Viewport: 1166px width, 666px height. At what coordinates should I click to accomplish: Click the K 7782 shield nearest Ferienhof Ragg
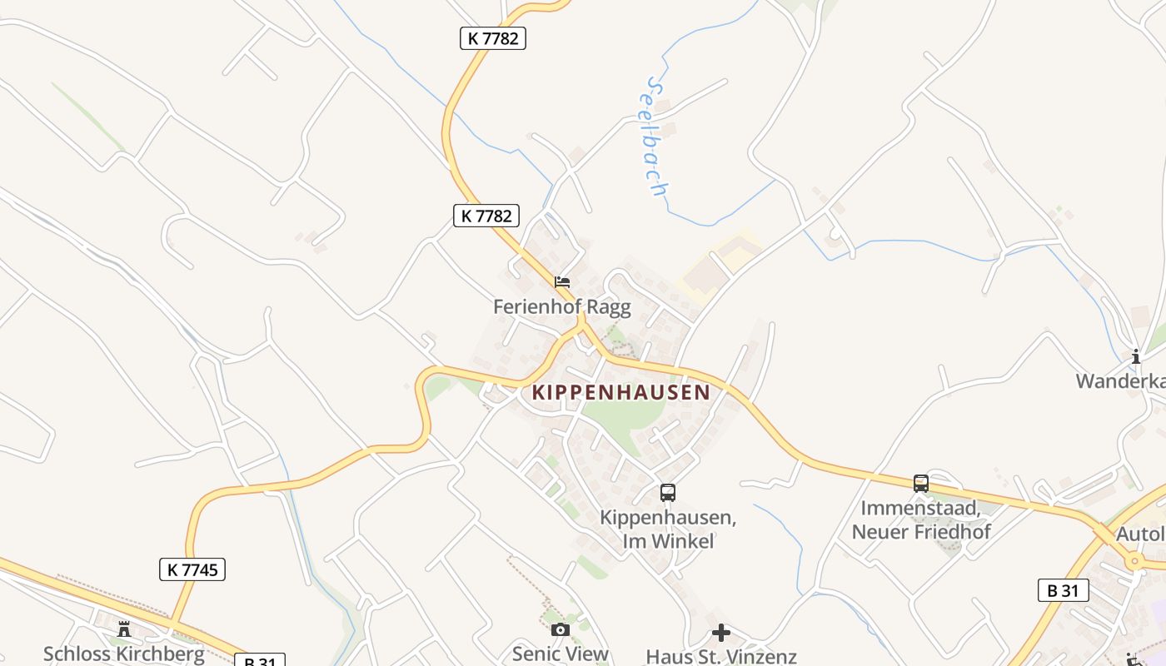coord(486,216)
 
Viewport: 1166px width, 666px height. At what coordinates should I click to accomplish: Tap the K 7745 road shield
coord(192,569)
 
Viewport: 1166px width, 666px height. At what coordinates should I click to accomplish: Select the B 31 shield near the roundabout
coord(1064,590)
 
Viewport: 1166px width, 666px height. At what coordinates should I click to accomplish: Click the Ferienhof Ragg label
coord(562,306)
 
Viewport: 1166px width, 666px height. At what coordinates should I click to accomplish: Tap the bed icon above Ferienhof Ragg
coord(562,281)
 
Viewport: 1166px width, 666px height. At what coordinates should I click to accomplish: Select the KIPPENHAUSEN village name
coord(621,392)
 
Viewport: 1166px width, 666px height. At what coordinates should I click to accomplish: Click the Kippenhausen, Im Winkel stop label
coord(668,529)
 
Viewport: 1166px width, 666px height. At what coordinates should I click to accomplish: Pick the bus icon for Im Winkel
coord(668,492)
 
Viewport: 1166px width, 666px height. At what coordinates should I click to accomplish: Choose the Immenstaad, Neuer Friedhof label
coord(921,519)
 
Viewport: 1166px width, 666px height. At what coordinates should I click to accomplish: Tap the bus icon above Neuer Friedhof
coord(921,483)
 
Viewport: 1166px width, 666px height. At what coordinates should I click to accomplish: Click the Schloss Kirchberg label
coord(124,654)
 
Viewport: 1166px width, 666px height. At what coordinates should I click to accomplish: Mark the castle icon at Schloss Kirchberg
coord(124,629)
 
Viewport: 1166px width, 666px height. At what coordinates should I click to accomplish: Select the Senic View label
coord(561,654)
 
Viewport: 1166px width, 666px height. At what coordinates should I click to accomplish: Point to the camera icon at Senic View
coord(561,629)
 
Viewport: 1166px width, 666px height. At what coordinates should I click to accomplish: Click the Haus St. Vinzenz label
coord(721,656)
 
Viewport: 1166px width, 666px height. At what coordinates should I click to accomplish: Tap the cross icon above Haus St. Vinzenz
coord(721,633)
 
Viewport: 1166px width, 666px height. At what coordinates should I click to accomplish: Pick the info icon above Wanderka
coord(1136,357)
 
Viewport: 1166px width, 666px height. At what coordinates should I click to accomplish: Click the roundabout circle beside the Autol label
coord(1134,562)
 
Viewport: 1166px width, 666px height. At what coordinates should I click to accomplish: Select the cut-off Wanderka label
coord(1121,381)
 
